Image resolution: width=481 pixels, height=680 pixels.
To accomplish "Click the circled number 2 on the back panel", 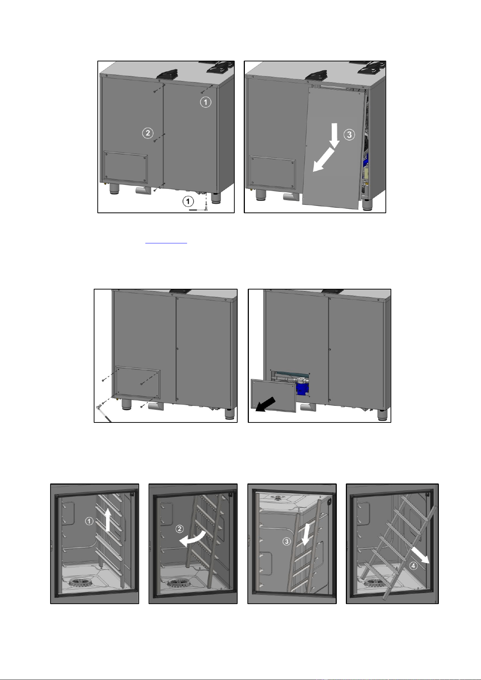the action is (147, 133).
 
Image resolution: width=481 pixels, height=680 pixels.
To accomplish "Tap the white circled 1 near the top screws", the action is (206, 102).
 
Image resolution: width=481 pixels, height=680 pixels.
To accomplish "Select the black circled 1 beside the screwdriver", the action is (188, 201).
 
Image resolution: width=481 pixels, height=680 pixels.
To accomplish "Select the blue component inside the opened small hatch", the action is (302, 388).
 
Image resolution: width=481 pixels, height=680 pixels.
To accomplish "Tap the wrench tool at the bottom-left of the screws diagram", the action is (102, 413).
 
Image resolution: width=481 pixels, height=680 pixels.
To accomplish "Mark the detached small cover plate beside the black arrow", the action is (274, 396).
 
